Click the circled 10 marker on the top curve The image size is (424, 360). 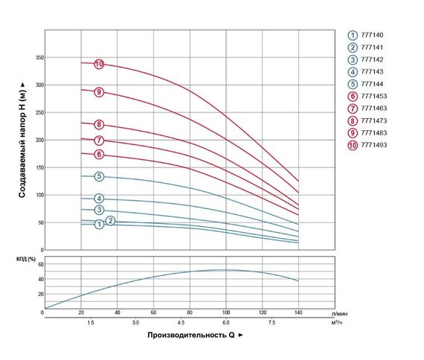point(98,65)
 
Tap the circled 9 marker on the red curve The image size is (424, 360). point(98,92)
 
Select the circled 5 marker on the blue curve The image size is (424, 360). point(98,176)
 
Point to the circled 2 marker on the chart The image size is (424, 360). point(110,221)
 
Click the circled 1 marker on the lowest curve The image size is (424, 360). point(98,224)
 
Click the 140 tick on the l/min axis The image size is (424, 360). point(298,313)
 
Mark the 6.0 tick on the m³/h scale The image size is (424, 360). point(226,323)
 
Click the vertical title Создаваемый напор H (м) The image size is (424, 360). point(22,141)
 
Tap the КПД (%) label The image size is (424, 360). point(27,257)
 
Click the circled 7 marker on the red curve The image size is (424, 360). point(98,141)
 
